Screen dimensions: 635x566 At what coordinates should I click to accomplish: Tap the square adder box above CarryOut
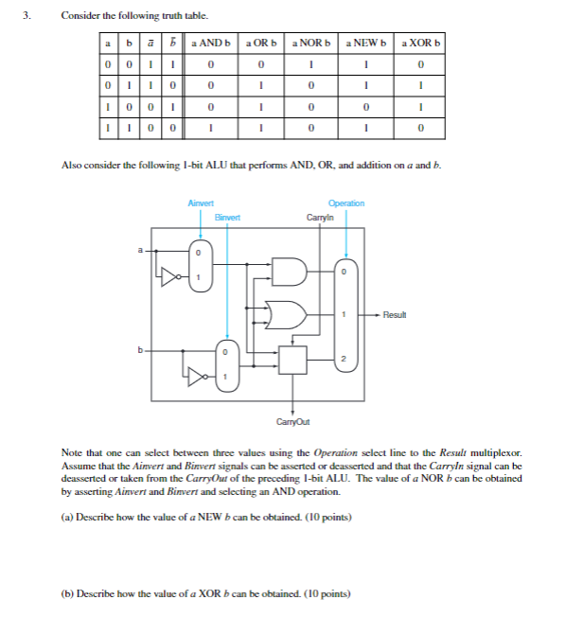(x=294, y=360)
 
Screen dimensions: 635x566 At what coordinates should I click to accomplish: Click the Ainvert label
(x=201, y=203)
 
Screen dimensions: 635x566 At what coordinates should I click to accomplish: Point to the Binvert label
(x=227, y=217)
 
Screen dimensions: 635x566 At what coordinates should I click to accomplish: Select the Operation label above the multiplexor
(x=345, y=203)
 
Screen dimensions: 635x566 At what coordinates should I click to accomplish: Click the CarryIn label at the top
(x=319, y=217)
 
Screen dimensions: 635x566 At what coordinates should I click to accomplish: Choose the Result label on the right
(x=396, y=314)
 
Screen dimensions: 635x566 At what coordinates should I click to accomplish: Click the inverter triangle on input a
(x=170, y=277)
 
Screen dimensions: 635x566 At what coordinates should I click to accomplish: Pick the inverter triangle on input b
(x=197, y=378)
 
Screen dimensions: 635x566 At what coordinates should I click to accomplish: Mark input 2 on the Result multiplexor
(x=345, y=359)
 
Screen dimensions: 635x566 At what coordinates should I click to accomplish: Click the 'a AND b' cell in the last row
(x=210, y=126)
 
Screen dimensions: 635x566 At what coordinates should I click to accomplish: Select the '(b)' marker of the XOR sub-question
(x=66, y=594)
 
